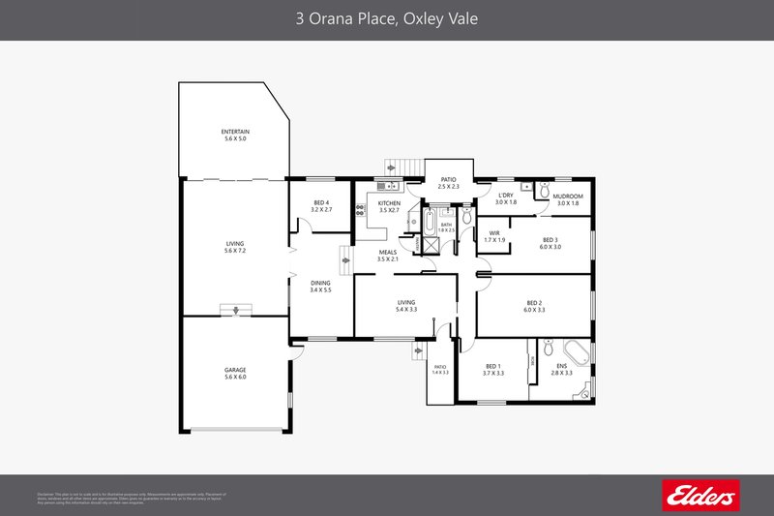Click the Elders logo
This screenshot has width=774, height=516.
(x=698, y=495)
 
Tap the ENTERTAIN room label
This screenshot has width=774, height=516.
(x=234, y=131)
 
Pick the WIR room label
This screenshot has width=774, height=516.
(x=493, y=233)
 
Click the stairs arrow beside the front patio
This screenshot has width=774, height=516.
(x=419, y=350)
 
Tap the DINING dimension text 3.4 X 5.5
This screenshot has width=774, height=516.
(x=320, y=289)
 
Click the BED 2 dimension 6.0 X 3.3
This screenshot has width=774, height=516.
(x=534, y=310)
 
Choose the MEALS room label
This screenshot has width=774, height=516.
(x=387, y=252)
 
